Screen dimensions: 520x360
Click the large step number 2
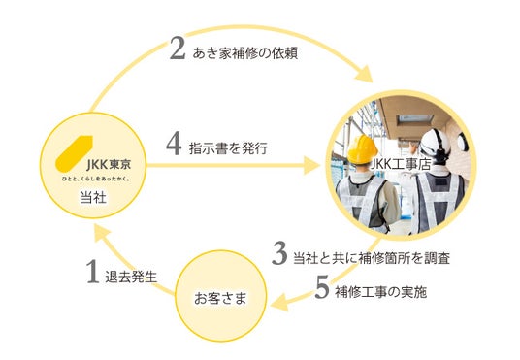(178, 48)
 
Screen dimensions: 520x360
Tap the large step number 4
(174, 145)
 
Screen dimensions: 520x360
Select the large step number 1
(93, 272)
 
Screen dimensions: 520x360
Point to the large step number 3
(279, 254)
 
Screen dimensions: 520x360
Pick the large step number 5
(322, 287)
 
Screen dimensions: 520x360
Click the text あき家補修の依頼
(244, 53)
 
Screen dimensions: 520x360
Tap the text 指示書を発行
(228, 148)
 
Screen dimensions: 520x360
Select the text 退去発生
(131, 277)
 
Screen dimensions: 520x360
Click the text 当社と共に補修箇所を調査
(372, 258)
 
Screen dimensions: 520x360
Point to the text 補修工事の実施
(380, 292)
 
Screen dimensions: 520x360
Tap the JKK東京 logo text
(109, 165)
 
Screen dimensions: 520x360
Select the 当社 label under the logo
(93, 197)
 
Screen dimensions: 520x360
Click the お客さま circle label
(220, 298)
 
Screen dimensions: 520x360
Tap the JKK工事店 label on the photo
(400, 164)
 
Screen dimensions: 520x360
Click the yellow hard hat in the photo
(363, 149)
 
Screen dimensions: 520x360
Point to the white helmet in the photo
(435, 146)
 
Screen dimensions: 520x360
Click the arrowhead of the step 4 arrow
(311, 165)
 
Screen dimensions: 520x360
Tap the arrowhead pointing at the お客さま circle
(279, 303)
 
